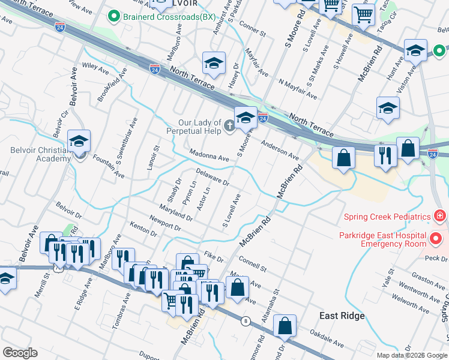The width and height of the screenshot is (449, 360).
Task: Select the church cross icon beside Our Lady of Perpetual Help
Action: (229, 125)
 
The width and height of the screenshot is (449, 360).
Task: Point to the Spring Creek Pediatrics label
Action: (387, 217)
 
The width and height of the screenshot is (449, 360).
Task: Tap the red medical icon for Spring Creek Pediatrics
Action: (440, 216)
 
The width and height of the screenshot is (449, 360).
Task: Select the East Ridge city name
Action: (342, 316)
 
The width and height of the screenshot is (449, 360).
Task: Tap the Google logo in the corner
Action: (20, 353)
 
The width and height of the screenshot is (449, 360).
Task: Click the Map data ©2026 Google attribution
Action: (411, 355)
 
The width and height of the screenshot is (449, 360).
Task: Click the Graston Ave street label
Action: (427, 281)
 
